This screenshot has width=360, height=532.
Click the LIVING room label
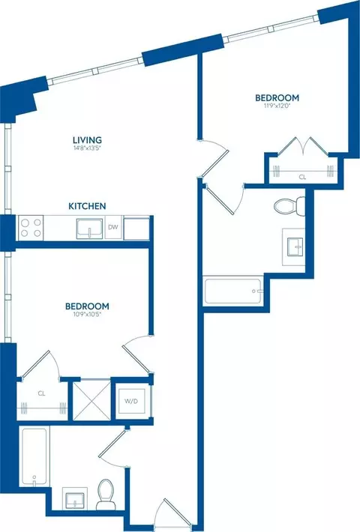tap(87, 140)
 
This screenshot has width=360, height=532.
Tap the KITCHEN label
tap(87, 206)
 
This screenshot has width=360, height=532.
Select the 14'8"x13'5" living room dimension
tap(87, 148)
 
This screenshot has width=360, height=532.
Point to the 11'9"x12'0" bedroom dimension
tap(277, 106)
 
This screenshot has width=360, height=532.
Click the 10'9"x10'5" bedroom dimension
tap(87, 314)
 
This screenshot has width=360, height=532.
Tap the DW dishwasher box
tap(113, 227)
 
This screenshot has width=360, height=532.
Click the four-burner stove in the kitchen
tap(31, 228)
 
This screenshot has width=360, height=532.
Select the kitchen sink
tap(89, 229)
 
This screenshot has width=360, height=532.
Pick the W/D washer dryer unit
tap(131, 401)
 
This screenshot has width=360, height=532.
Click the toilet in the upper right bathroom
tap(289, 206)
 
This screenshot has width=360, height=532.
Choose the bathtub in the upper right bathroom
tap(233, 291)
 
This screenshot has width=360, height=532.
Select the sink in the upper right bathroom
tap(294, 247)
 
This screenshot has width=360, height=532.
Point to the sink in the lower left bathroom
tap(75, 499)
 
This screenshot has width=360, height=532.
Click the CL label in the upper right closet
tap(302, 177)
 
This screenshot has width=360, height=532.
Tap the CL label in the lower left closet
tap(42, 393)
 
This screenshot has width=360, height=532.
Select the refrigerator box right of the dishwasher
tap(136, 229)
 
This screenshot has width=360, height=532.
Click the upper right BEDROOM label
tap(277, 97)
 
